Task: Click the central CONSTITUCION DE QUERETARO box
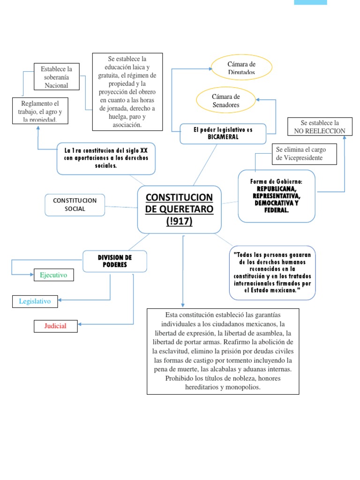[179, 209]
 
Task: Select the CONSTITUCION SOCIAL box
[75, 205]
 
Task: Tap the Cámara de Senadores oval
[225, 101]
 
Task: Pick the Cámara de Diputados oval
[241, 68]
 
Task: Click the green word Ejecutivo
[53, 275]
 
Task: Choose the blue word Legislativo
[35, 301]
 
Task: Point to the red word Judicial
[55, 326]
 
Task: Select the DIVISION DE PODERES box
[115, 261]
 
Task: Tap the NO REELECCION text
[320, 131]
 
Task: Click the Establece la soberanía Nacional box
[56, 77]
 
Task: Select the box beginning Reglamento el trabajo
[40, 111]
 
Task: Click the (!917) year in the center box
[179, 221]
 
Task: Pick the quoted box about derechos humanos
[272, 272]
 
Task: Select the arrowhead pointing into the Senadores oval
[257, 99]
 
